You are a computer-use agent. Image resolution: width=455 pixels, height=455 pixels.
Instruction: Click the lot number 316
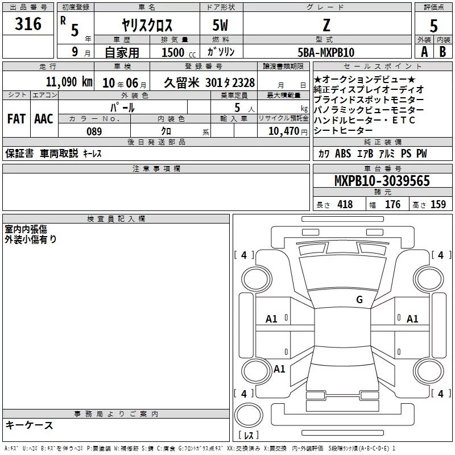[x=28, y=24]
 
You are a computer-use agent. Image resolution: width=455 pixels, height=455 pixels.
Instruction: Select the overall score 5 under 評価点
[x=433, y=26]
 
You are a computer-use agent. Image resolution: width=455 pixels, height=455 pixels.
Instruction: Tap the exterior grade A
[x=424, y=52]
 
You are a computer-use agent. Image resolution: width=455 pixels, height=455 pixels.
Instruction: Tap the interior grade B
[x=442, y=52]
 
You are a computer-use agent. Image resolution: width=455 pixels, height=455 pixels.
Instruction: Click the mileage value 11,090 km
[x=69, y=82]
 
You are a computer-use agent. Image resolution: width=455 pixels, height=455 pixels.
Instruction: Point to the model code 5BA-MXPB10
[x=326, y=52]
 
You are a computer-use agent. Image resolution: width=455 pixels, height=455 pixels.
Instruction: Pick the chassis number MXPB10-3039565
[x=382, y=180]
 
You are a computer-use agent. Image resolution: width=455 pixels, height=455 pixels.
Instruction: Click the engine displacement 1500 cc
[x=179, y=52]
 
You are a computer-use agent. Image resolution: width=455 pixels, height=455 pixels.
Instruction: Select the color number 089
[x=94, y=131]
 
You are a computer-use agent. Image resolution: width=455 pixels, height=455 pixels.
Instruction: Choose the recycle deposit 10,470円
[x=288, y=131]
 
